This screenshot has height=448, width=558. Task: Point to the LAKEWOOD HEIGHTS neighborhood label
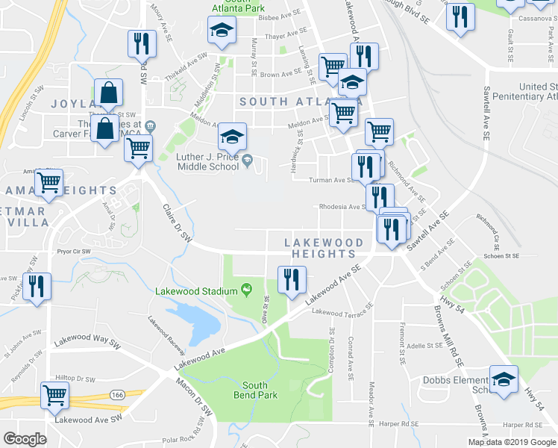point(324,248)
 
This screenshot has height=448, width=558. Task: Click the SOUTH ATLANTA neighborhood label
point(298,101)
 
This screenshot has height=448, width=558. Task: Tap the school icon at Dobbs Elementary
point(504,379)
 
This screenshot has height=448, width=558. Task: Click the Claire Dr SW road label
point(178,225)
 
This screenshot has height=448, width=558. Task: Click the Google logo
point(25,439)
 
